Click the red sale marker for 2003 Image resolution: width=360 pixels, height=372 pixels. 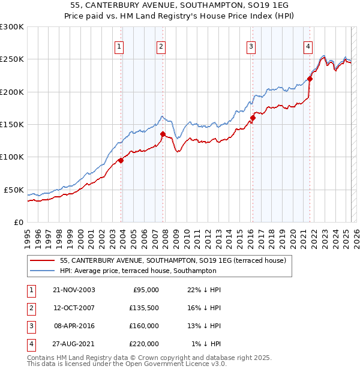point(121,160)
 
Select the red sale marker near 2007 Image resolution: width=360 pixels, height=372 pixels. point(163,134)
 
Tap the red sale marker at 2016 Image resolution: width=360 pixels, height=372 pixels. point(253,118)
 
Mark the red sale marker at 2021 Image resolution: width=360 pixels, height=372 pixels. point(310,79)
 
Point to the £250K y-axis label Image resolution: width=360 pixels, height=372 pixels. point(12,59)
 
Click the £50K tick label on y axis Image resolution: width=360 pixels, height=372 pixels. point(14,190)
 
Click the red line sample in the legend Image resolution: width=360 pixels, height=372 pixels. point(43,260)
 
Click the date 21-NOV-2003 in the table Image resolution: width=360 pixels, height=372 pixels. point(74,290)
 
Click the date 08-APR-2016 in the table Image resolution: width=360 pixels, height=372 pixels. point(74,326)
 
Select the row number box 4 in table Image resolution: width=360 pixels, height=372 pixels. point(29,344)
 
